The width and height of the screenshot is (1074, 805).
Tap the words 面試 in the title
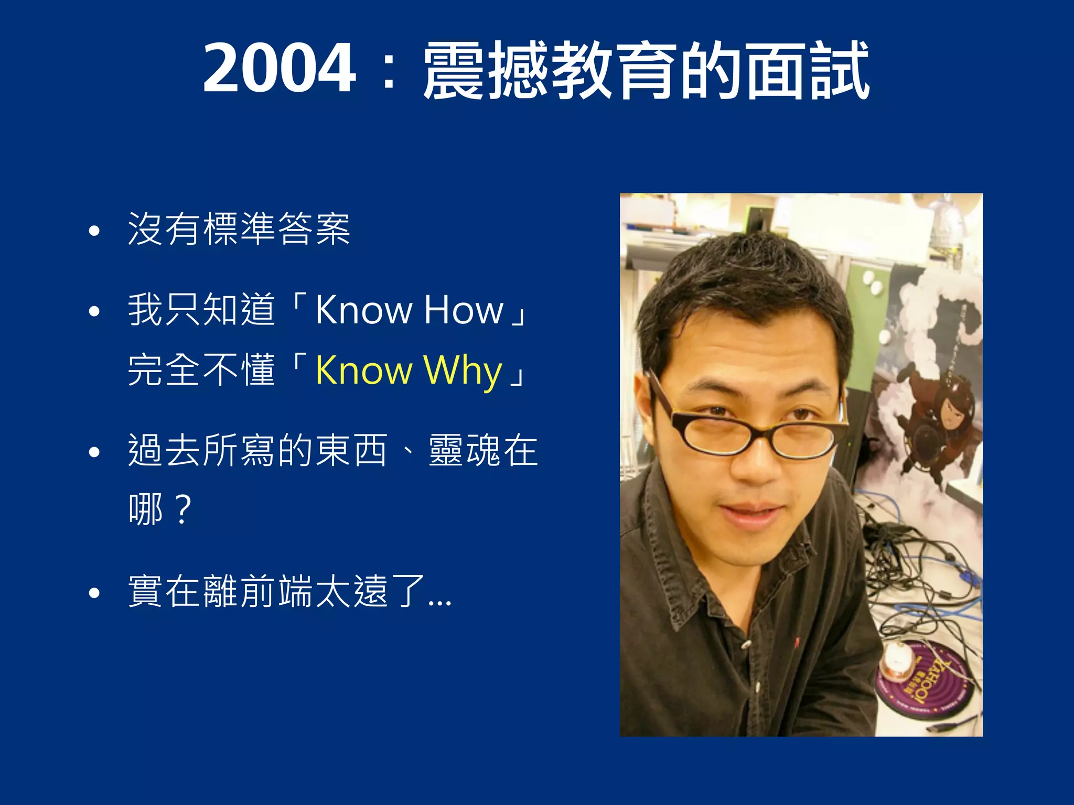[x=808, y=70]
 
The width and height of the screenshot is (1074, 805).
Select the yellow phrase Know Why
[x=409, y=371]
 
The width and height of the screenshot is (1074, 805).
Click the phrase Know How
[x=409, y=310]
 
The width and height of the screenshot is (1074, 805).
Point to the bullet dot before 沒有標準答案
[x=94, y=231]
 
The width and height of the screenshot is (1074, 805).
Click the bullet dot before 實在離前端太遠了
[x=94, y=593]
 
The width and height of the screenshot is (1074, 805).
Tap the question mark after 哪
[x=183, y=509]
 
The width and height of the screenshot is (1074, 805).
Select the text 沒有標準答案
[x=239, y=230]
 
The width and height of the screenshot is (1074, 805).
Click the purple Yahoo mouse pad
[x=923, y=679]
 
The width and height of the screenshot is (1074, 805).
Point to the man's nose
[x=755, y=461]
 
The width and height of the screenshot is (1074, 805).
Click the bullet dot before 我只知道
[x=94, y=311]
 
